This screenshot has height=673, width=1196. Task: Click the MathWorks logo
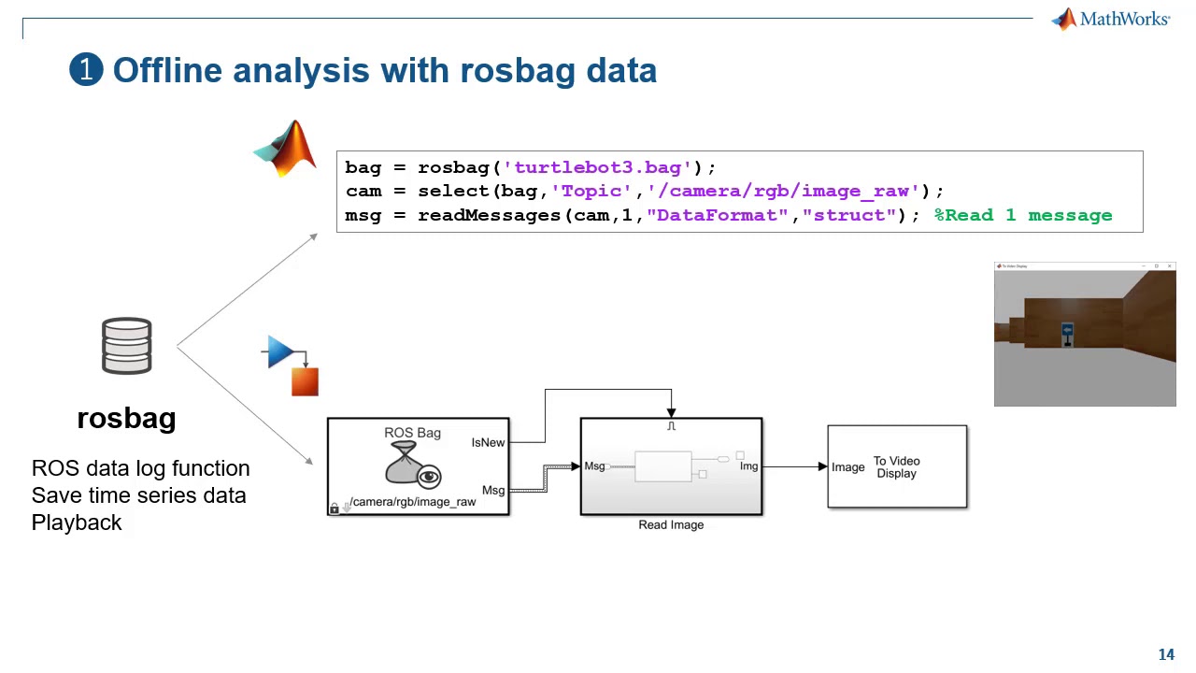tap(1110, 20)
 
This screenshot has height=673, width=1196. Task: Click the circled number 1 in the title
tap(86, 70)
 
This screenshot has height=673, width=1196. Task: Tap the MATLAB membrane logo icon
tap(286, 149)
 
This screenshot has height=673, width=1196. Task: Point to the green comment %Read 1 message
tap(1023, 215)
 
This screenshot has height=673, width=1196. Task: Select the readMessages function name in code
tap(489, 215)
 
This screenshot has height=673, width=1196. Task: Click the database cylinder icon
tap(126, 346)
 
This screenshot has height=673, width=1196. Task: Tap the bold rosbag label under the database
tap(126, 418)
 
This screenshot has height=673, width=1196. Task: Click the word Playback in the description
tap(77, 523)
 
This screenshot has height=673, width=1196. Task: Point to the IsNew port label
tap(488, 442)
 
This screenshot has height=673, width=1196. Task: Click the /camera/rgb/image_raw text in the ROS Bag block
tap(412, 502)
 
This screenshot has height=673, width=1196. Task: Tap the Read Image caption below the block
tap(671, 525)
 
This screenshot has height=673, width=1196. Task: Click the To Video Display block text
tap(896, 467)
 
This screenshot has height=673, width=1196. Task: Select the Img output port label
tap(748, 465)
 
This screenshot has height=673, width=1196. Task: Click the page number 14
tap(1166, 655)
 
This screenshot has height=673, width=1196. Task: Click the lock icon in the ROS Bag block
tap(335, 508)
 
